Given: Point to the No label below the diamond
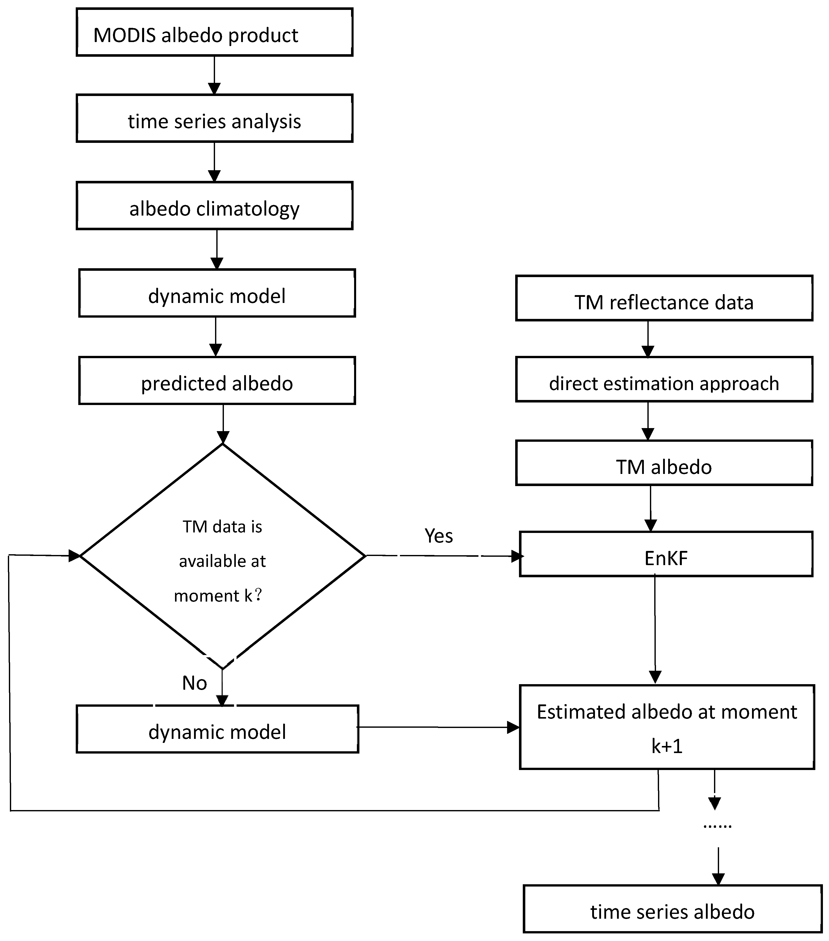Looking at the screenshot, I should (194, 683).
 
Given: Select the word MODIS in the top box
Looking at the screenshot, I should (124, 35).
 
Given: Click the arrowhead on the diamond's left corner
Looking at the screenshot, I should (74, 556).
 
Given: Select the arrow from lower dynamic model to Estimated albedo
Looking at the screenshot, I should (437, 727).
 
